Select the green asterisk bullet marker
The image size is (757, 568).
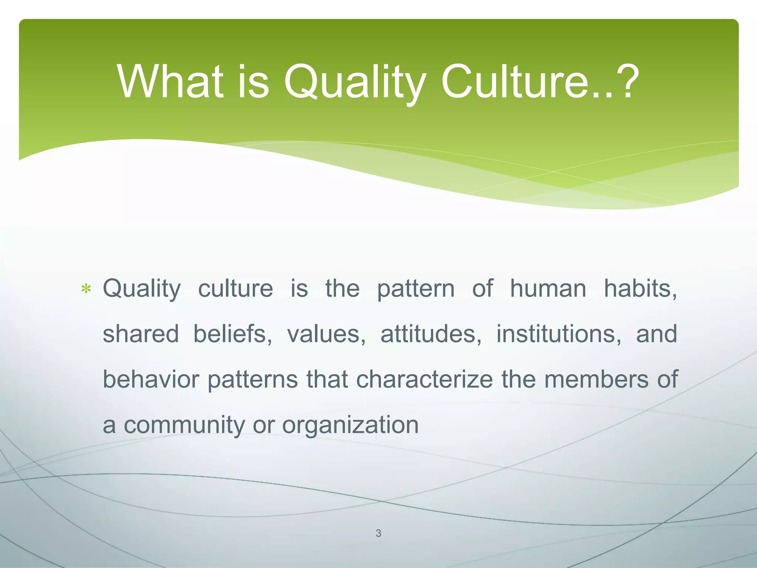[86, 289]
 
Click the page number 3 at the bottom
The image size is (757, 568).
[378, 533]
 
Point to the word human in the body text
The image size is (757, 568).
[548, 288]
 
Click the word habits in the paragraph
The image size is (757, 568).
[640, 288]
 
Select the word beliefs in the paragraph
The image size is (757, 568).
[233, 334]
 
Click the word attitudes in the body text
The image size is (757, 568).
[431, 334]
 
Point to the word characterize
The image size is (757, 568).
[424, 379]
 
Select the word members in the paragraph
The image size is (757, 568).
[596, 379]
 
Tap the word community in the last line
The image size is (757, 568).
[184, 425]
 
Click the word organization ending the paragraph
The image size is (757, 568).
[350, 425]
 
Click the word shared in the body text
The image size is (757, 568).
[140, 334]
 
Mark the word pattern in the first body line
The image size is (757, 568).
[415, 289]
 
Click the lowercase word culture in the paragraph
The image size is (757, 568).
[235, 288]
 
